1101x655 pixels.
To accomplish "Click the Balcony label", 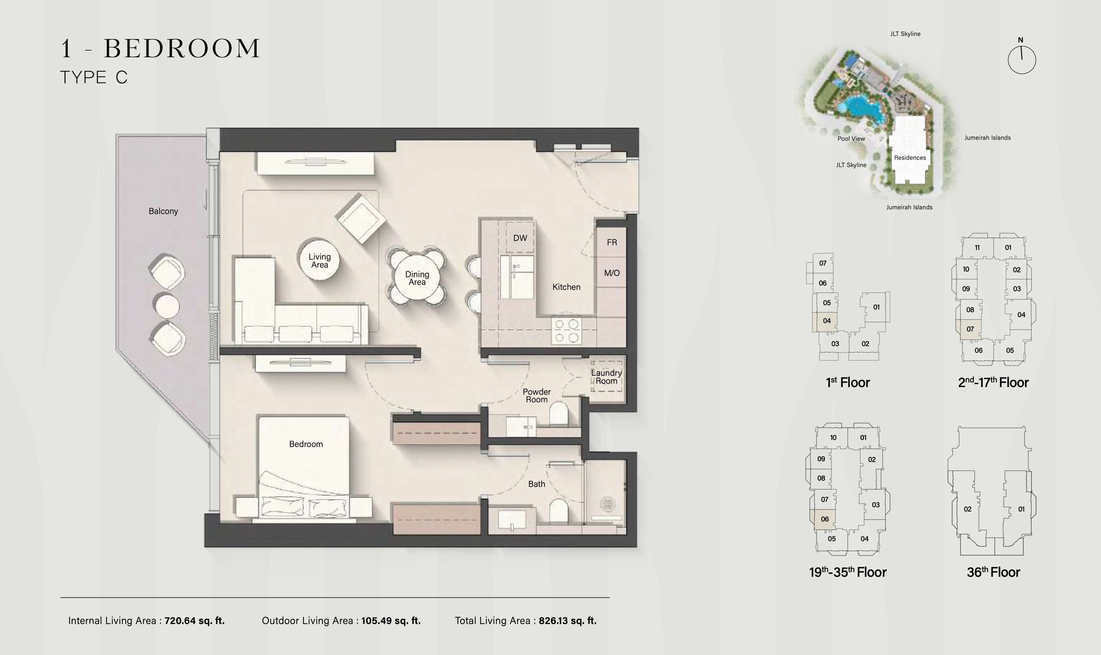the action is [163, 211].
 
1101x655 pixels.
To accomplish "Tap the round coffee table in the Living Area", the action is [320, 260].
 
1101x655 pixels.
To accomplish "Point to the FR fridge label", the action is [612, 242].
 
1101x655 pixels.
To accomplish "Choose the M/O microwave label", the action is [612, 273].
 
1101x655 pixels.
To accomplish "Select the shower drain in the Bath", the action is [608, 504].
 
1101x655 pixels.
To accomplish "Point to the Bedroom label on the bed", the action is [306, 444].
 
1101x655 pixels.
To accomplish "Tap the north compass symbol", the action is [1021, 60].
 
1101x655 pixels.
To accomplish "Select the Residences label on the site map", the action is [910, 157].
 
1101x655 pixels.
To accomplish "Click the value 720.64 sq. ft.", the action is [195, 621].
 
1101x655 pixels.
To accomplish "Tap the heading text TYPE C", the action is [94, 77].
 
